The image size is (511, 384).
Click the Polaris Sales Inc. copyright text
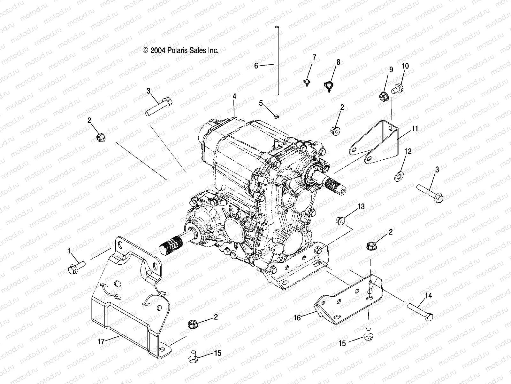click(180, 50)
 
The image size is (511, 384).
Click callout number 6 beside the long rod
click(256, 66)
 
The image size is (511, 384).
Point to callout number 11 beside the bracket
click(415, 129)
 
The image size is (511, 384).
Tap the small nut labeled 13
click(340, 220)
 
